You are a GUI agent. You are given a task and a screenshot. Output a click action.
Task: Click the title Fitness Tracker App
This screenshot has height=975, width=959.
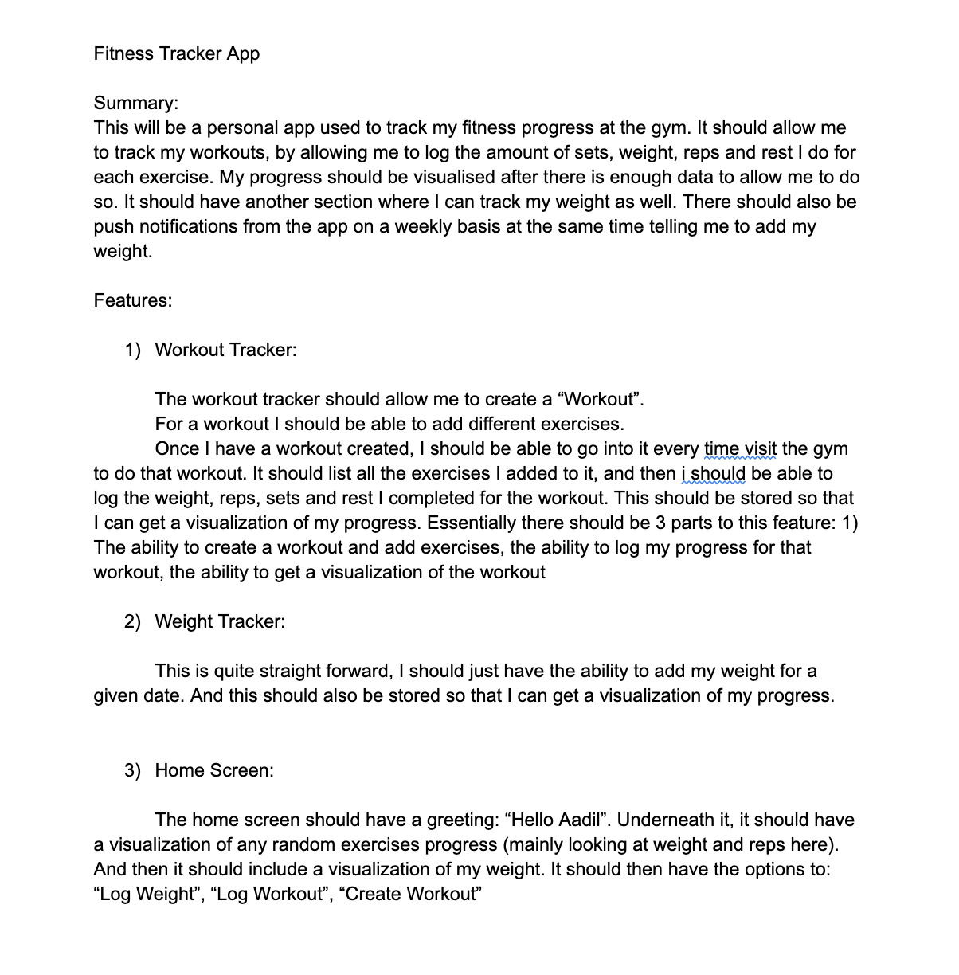point(177,53)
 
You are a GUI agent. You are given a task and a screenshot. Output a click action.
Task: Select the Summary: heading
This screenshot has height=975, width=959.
point(136,103)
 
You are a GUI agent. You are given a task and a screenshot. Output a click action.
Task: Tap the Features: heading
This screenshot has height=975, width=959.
point(133,300)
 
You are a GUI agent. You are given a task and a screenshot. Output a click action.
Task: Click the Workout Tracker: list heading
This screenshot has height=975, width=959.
point(225,350)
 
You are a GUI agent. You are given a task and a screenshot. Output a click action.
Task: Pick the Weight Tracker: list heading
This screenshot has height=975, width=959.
point(220,621)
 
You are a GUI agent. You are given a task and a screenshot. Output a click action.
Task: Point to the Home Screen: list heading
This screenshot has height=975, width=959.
point(214,770)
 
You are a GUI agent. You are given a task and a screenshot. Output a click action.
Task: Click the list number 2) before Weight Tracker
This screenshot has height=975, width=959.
point(132,621)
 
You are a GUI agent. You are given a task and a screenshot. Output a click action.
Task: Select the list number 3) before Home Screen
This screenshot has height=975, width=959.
point(132,770)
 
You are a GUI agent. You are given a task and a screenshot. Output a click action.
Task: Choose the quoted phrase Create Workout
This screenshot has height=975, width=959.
point(410,894)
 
